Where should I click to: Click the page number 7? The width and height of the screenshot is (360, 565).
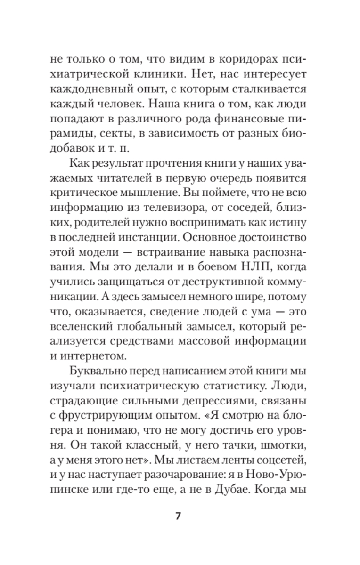(178, 516)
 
